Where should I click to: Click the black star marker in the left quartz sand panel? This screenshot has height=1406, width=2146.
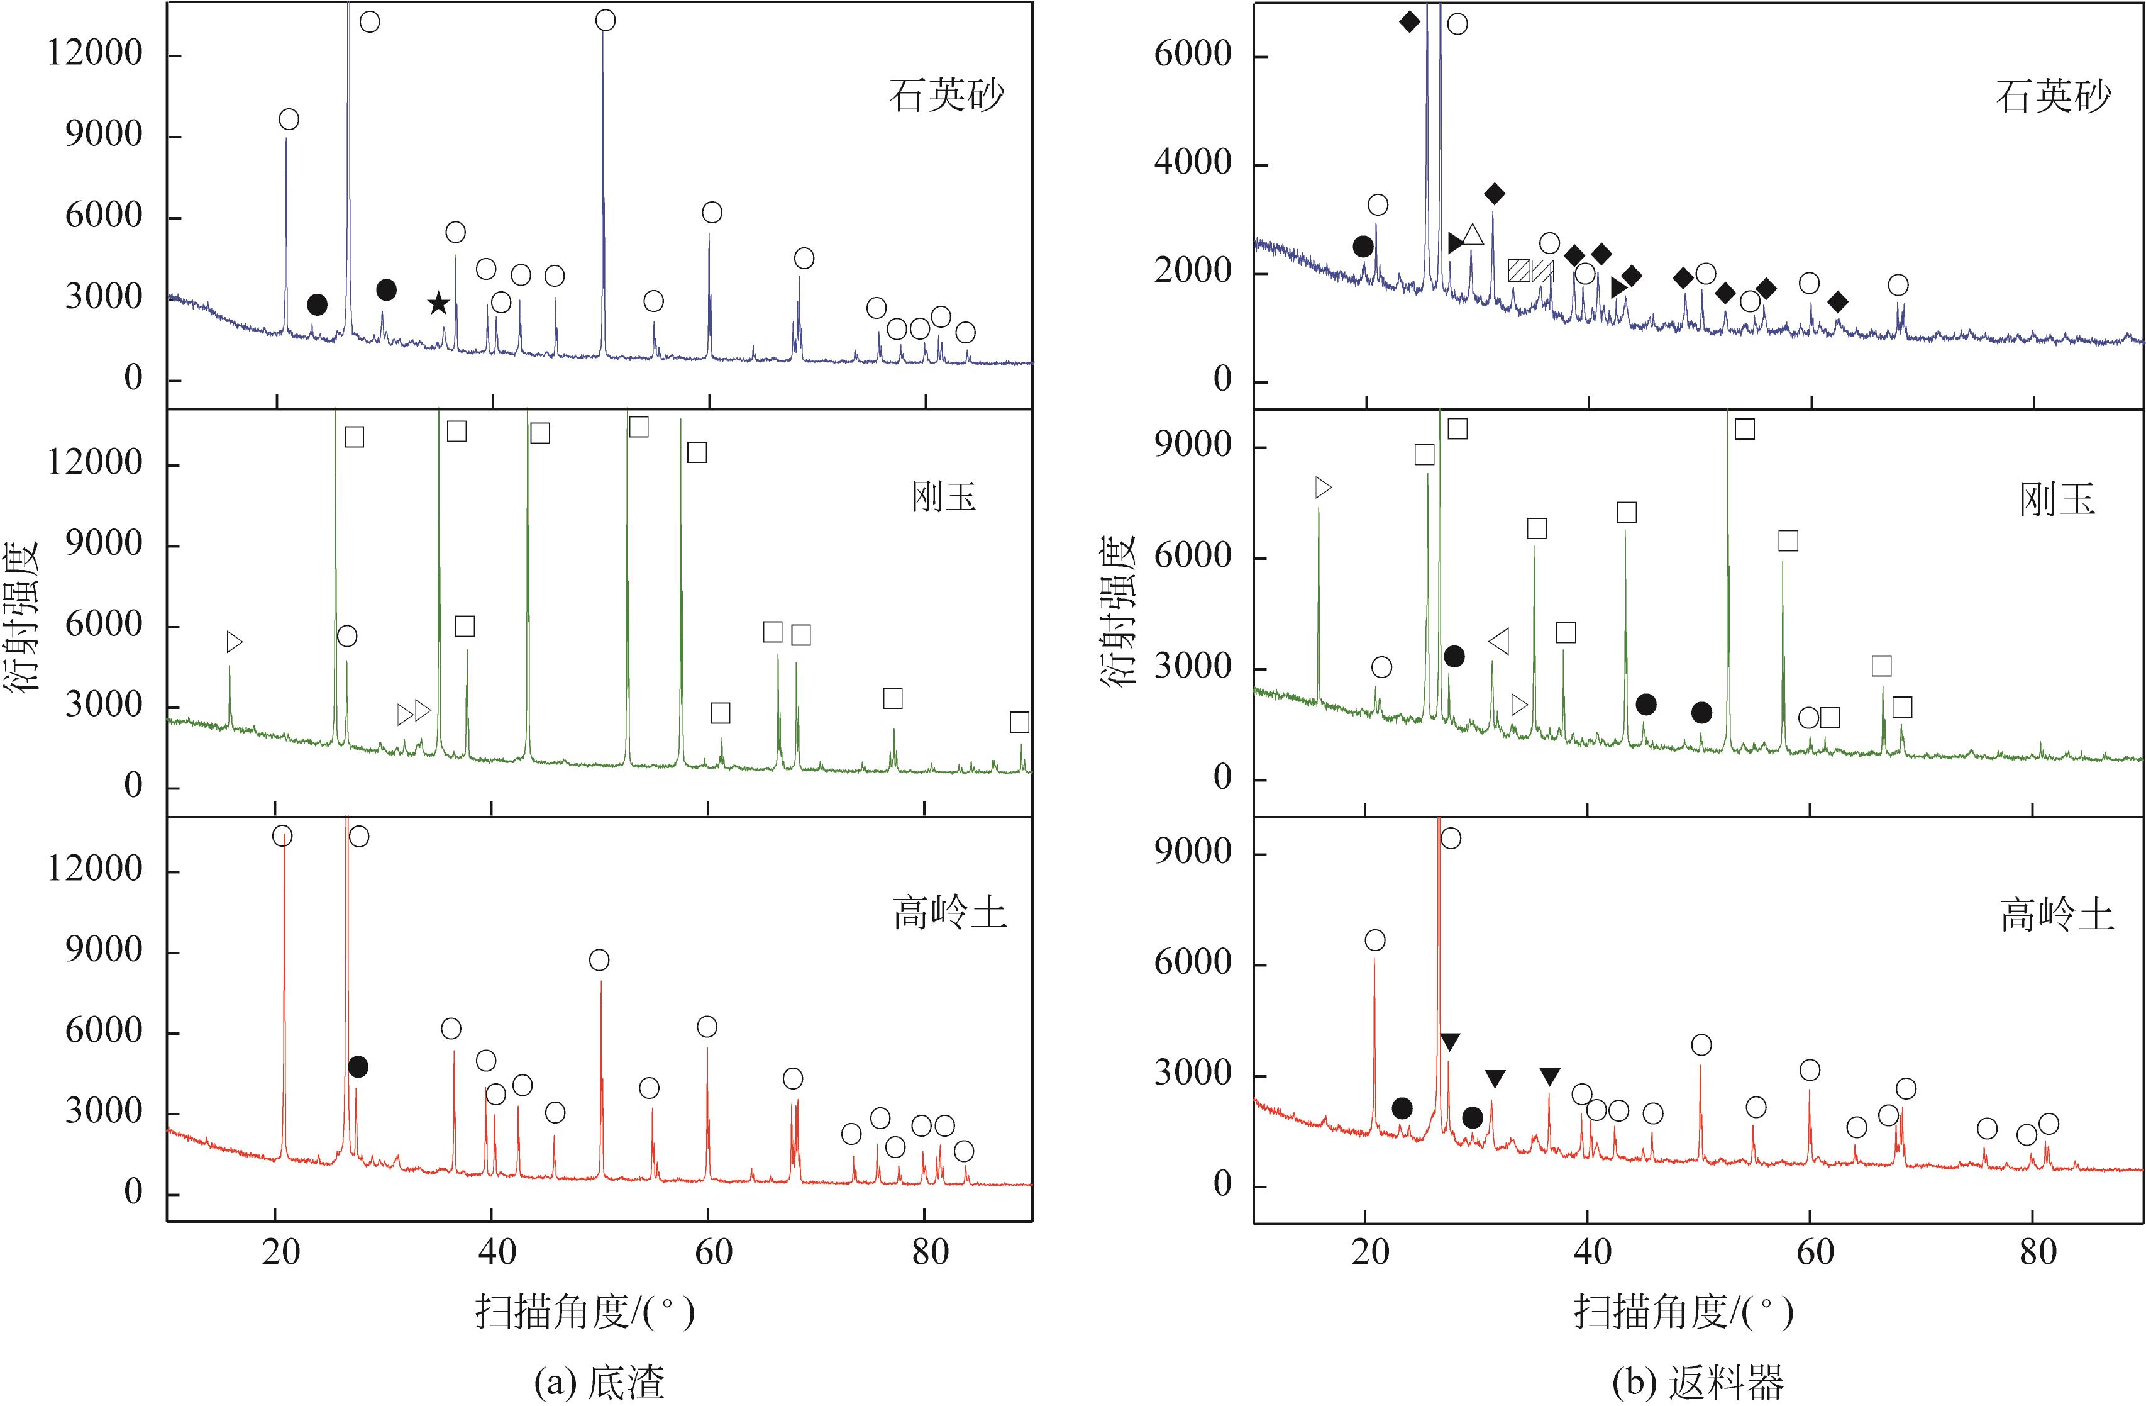pos(438,304)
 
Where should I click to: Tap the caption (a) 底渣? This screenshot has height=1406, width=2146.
pos(600,1381)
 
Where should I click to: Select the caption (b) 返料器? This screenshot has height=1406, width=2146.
pos(1698,1381)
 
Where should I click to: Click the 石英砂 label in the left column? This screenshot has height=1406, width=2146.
pos(946,95)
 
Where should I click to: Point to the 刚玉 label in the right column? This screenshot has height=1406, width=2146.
pos(2056,499)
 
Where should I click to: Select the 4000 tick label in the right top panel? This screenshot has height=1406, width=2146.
pos(1192,163)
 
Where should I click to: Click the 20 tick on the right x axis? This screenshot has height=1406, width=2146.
pos(1371,1253)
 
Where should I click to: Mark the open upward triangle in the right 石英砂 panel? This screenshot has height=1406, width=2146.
pos(1473,235)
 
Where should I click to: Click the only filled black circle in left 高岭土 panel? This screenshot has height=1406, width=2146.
pos(358,1067)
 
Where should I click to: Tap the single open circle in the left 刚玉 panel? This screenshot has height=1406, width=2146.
pos(347,637)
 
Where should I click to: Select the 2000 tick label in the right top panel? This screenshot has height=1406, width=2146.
pos(1192,272)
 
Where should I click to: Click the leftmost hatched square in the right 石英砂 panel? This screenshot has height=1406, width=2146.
pos(1518,271)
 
